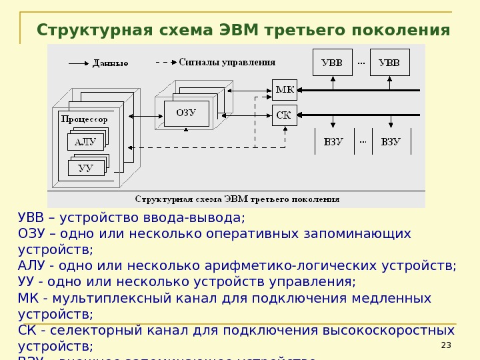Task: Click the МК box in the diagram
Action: tap(283, 89)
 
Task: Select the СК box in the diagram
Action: tap(283, 115)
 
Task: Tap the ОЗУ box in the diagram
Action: tap(186, 113)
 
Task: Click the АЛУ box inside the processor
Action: tap(85, 142)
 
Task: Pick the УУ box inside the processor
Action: tap(85, 168)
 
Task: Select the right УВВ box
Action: tap(389, 63)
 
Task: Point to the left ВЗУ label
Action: tap(333, 141)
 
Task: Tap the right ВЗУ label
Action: tap(391, 141)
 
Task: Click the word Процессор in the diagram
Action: tap(84, 119)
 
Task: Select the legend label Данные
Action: tap(111, 63)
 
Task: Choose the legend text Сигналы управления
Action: tap(227, 62)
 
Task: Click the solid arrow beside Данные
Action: tap(78, 63)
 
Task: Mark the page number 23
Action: tap(446, 345)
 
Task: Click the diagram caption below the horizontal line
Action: tap(237, 199)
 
